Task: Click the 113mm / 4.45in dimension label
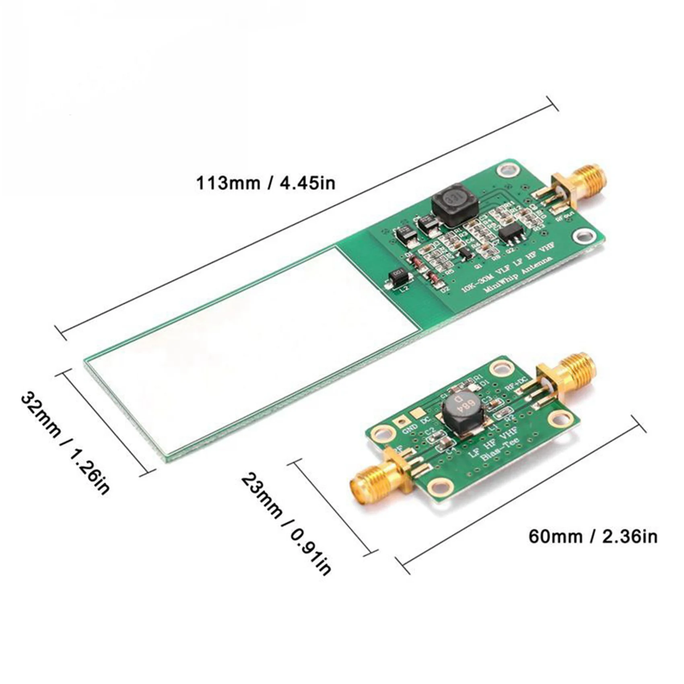[266, 183]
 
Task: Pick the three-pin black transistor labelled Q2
[511, 233]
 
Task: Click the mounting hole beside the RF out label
[583, 236]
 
